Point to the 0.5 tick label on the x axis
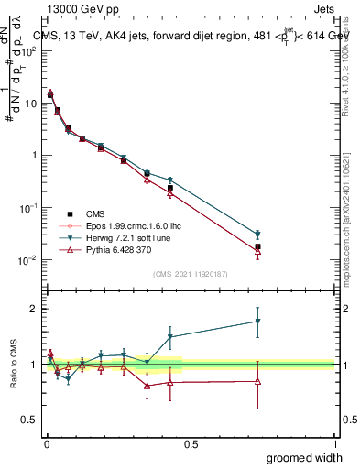coord(191,443)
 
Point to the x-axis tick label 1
coord(334,443)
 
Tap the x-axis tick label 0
coord(47,443)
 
